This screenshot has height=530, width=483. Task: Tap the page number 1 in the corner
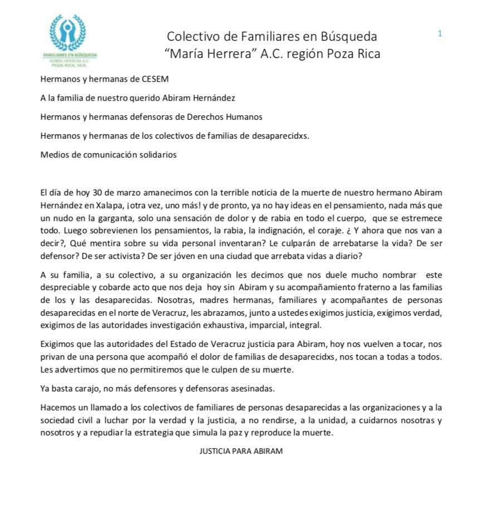click(440, 34)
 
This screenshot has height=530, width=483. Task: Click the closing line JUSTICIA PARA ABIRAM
click(241, 451)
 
